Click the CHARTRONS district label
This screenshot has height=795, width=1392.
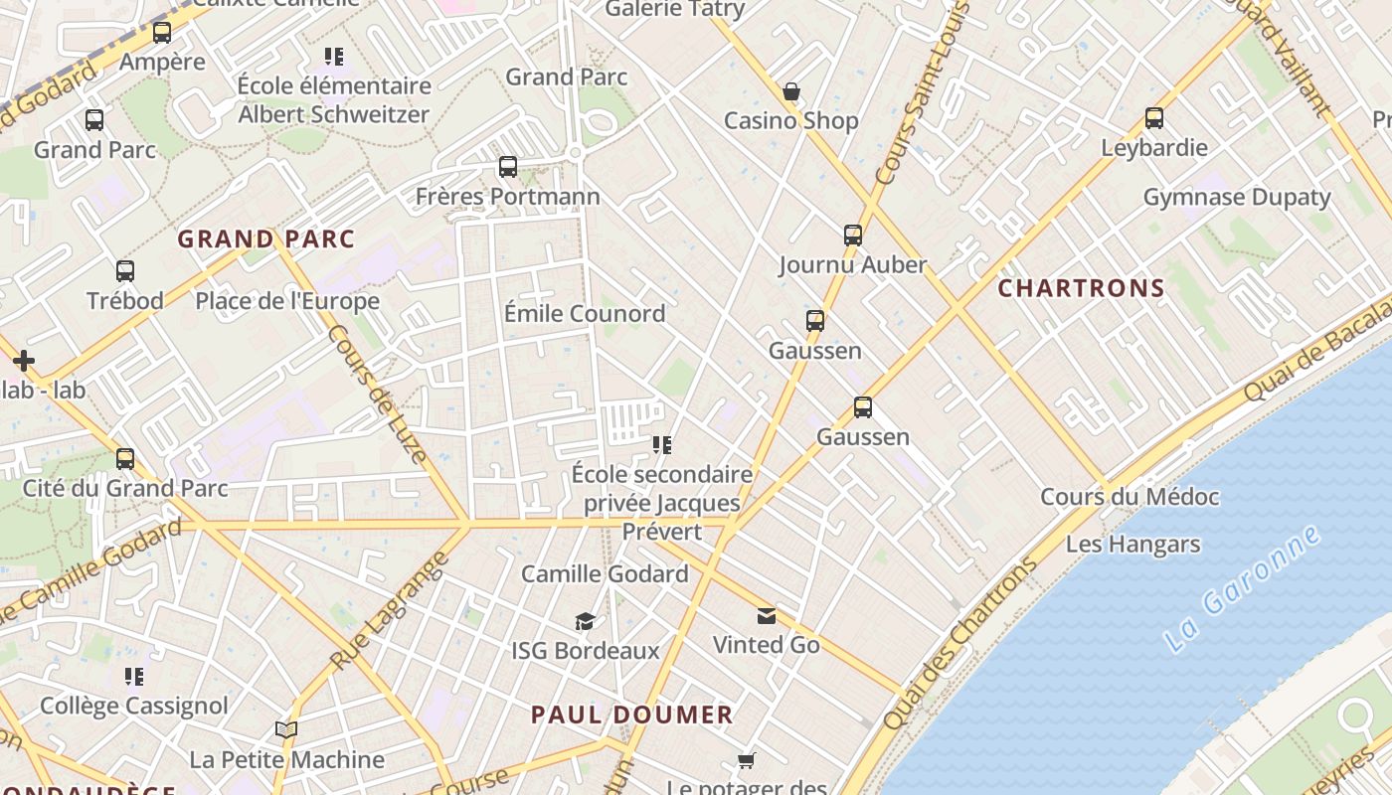(x=1081, y=288)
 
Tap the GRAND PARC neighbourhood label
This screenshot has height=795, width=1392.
(x=265, y=239)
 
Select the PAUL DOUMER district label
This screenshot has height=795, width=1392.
(x=631, y=715)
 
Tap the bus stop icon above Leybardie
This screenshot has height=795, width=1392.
(x=1154, y=118)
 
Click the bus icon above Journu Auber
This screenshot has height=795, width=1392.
(x=853, y=236)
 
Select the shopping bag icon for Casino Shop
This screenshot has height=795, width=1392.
(x=791, y=92)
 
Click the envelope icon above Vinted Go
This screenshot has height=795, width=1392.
(x=767, y=616)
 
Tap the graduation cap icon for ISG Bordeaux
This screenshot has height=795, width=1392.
(x=585, y=622)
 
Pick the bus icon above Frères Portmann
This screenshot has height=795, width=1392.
(x=508, y=167)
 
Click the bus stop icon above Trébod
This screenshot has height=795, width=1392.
(x=125, y=271)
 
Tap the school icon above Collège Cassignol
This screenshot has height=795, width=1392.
(x=134, y=677)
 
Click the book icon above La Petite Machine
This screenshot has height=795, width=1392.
(x=286, y=730)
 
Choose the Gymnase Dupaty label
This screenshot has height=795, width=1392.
(x=1236, y=197)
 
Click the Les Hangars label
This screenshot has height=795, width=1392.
(x=1132, y=545)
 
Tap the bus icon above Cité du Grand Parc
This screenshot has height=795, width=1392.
(x=125, y=459)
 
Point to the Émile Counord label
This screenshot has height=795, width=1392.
(x=584, y=314)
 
